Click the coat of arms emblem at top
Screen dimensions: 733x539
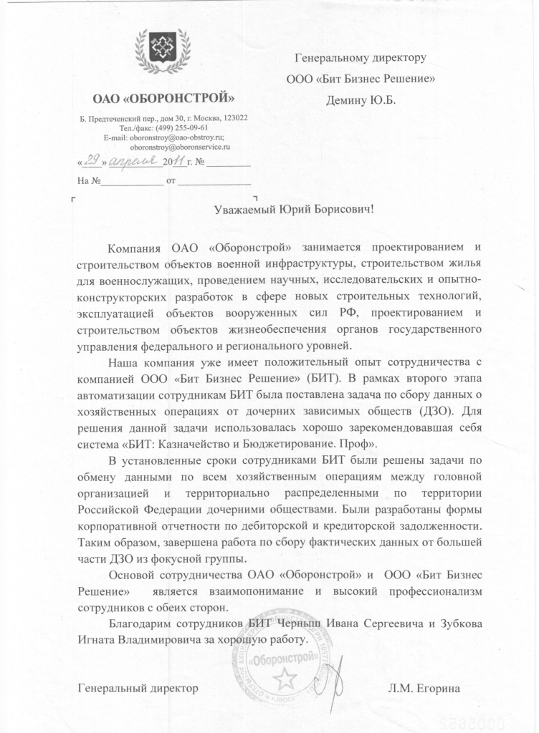pyautogui.click(x=164, y=50)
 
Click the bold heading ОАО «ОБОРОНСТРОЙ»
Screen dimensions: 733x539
pyautogui.click(x=163, y=97)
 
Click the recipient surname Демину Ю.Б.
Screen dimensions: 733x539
pyautogui.click(x=361, y=99)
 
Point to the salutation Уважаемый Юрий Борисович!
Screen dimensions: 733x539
pyautogui.click(x=295, y=210)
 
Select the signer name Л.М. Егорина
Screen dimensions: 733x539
pyautogui.click(x=423, y=689)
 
